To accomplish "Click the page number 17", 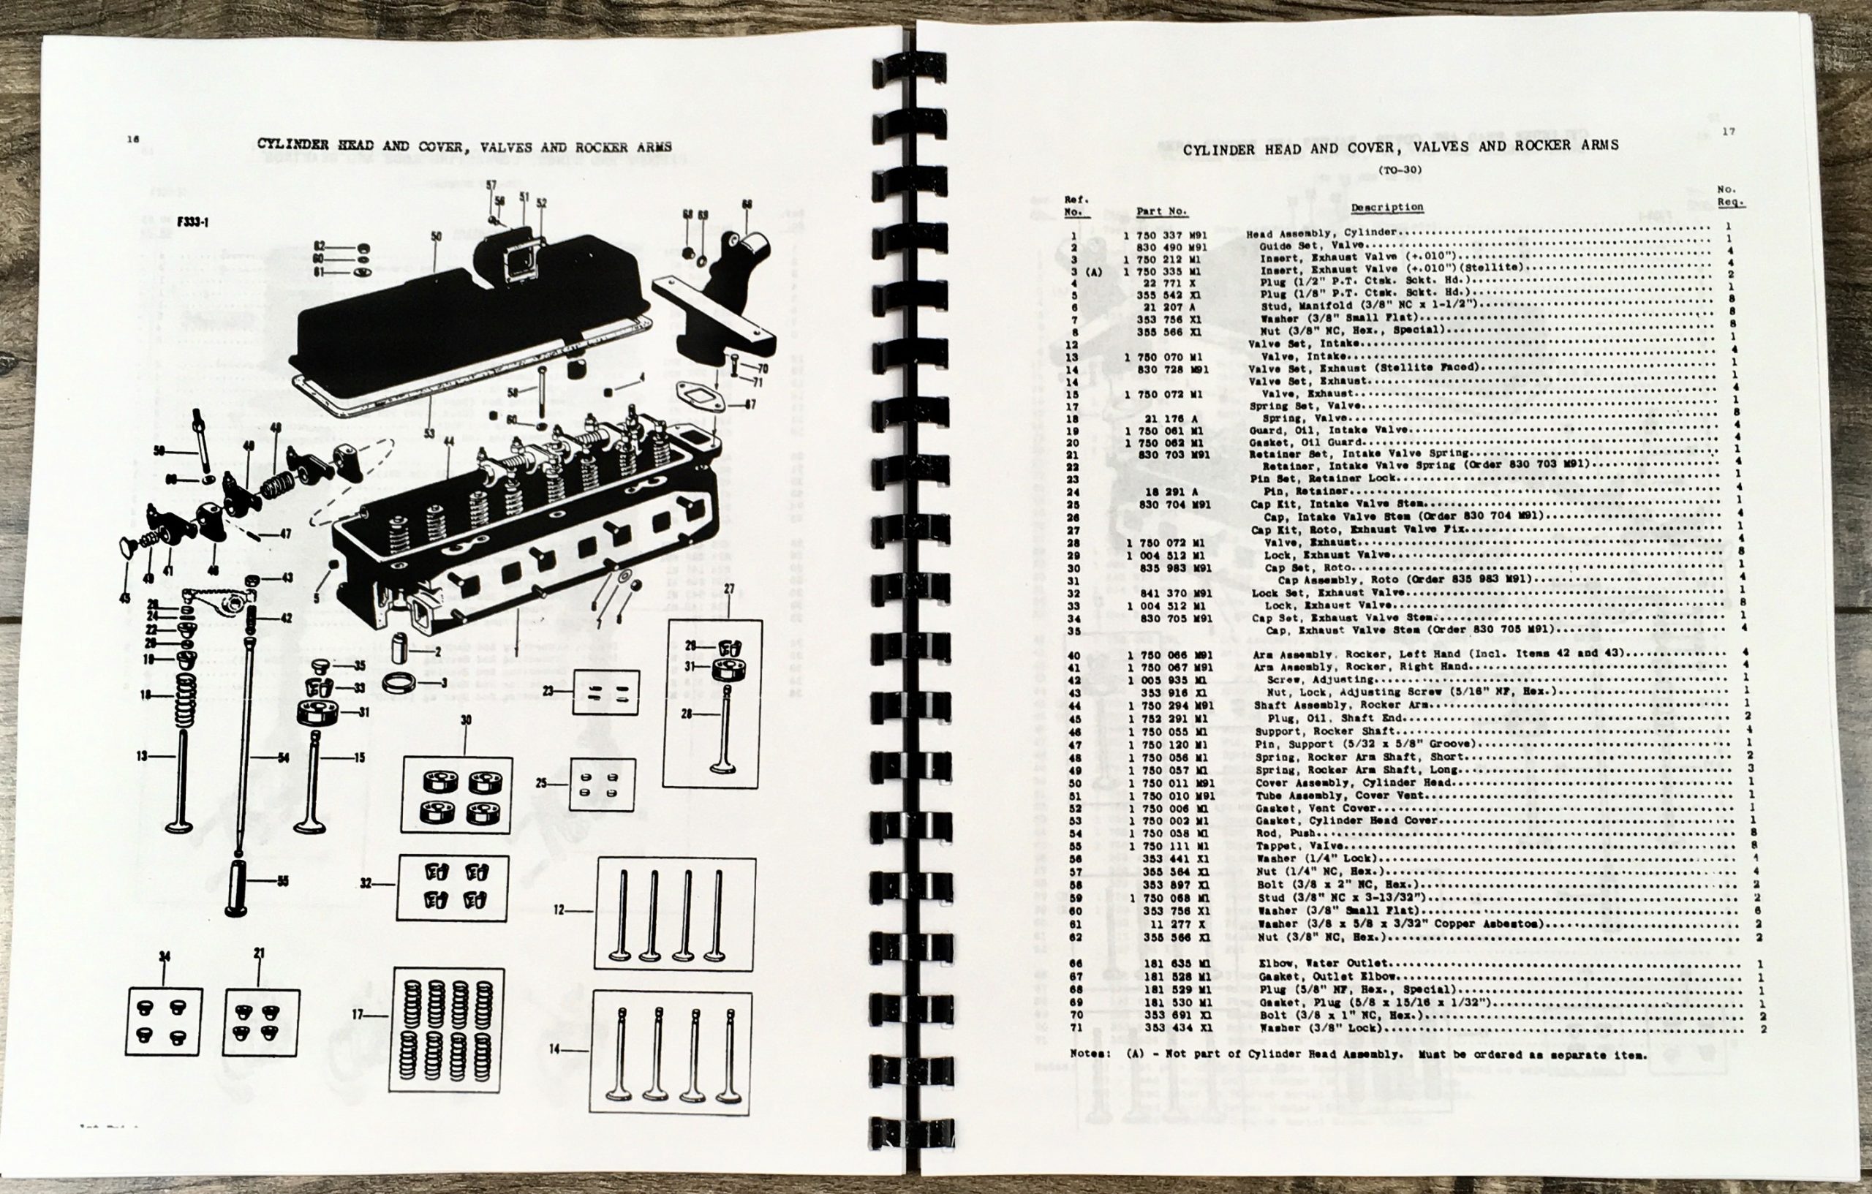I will coord(1727,132).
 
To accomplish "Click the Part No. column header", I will coord(1161,211).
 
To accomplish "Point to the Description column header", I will coord(1386,207).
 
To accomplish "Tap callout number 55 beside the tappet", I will coord(282,882).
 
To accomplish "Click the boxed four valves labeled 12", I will coord(675,914).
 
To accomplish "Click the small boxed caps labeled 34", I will coord(164,1021).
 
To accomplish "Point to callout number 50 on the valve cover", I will coord(435,235).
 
